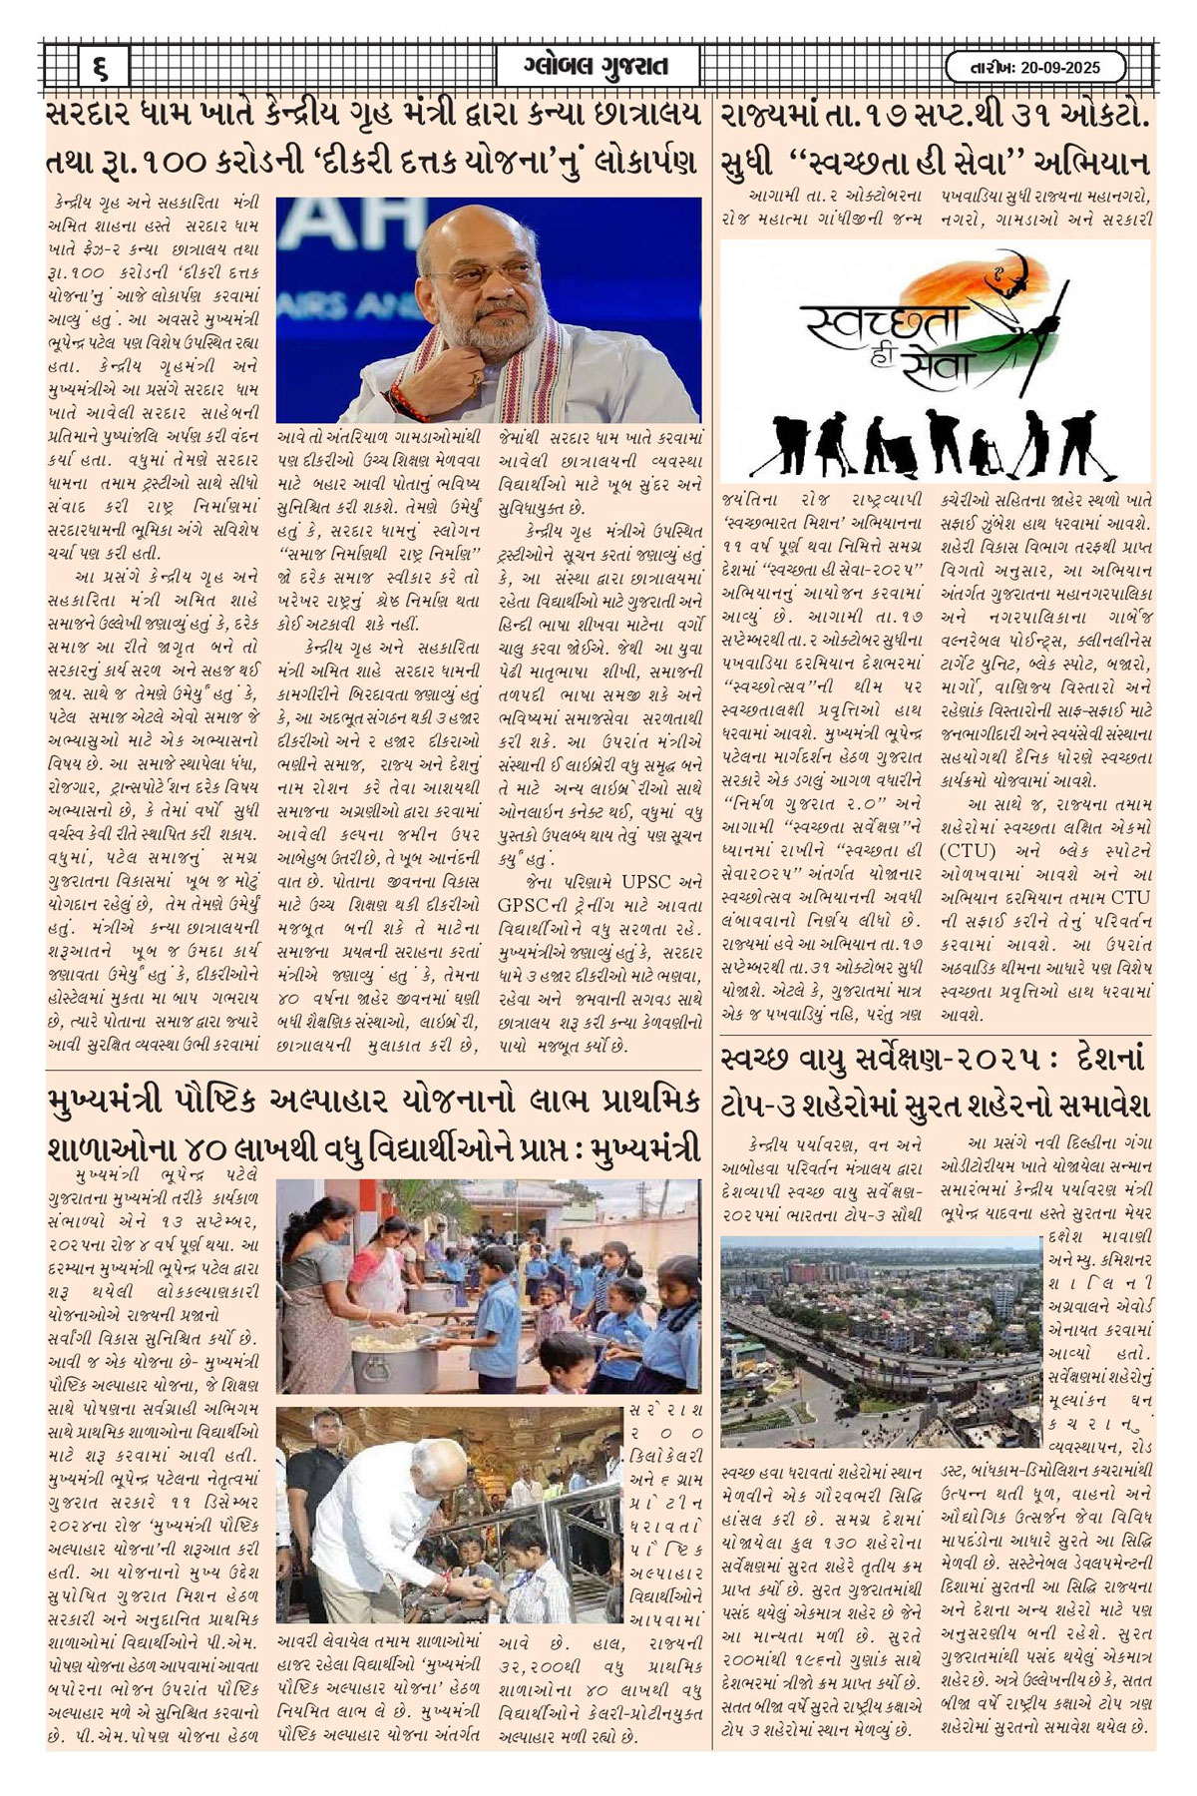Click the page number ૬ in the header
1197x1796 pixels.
pyautogui.click(x=102, y=69)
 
